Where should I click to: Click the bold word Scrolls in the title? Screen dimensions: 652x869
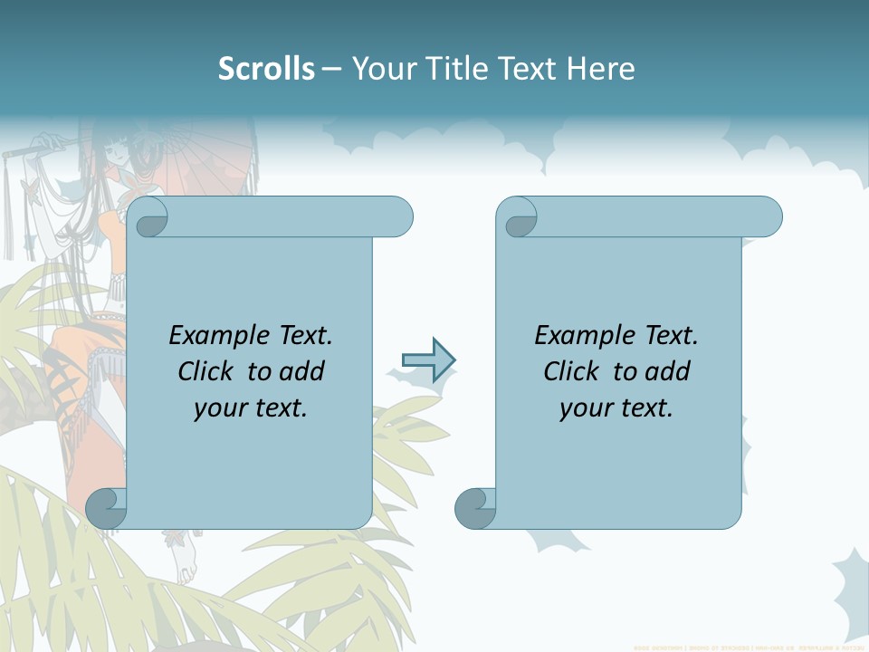click(x=266, y=69)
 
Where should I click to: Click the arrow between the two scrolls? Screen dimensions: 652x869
click(x=428, y=360)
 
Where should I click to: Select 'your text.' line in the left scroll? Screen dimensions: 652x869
click(x=251, y=407)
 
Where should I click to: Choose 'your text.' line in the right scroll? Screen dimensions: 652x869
click(x=616, y=407)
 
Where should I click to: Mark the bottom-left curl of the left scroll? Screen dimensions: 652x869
click(x=106, y=508)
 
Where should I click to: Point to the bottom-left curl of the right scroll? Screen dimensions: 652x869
click(x=475, y=508)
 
